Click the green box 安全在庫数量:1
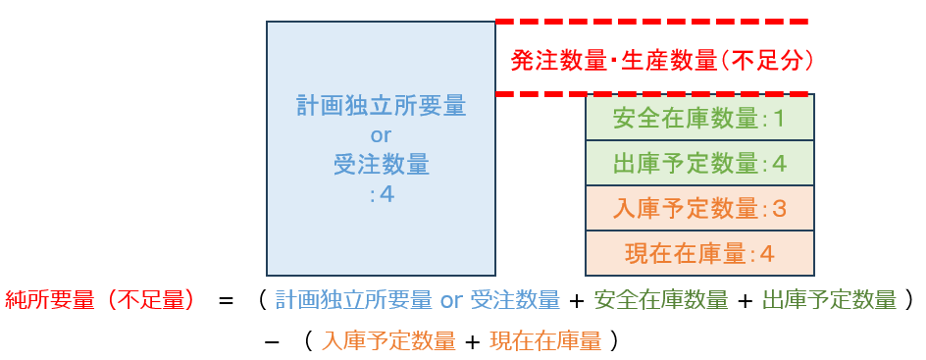point(699,117)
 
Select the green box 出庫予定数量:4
point(699,163)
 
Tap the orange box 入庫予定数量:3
point(699,208)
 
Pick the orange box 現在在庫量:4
point(699,253)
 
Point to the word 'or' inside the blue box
point(381,135)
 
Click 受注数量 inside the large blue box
point(381,165)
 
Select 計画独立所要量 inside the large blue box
point(381,107)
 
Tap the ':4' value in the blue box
point(381,194)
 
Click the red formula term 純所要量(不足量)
point(99,300)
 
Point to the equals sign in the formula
point(227,301)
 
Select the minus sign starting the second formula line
point(273,340)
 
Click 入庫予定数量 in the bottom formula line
point(388,341)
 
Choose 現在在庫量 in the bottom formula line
point(545,341)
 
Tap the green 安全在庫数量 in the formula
point(661,300)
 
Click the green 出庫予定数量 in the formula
point(829,300)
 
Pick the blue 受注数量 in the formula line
point(515,300)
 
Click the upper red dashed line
point(651,22)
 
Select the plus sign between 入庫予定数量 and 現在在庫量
point(473,341)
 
